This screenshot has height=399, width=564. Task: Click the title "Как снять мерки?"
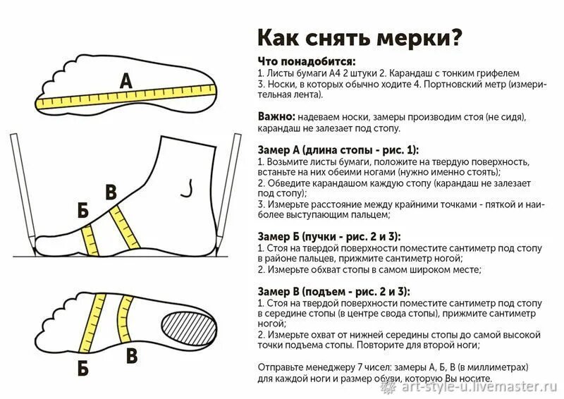click(360, 36)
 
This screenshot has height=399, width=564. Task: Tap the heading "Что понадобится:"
click(307, 61)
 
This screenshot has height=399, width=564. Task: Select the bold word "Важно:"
click(276, 116)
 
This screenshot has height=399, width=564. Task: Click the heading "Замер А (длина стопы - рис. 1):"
click(338, 150)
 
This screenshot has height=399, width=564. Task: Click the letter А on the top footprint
click(125, 80)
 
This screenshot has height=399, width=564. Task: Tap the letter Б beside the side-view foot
click(83, 211)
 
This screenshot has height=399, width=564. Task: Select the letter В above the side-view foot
click(111, 192)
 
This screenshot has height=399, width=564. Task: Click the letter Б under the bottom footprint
click(83, 367)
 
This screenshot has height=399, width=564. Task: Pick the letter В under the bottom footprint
click(131, 356)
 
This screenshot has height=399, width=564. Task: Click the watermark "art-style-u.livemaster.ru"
click(479, 387)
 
